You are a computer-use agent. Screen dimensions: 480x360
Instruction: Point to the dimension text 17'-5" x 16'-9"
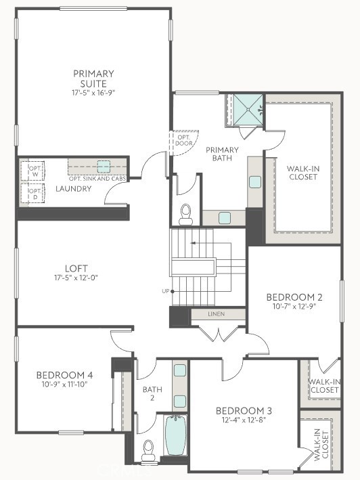93,91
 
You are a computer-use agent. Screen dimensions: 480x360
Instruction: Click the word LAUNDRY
73,189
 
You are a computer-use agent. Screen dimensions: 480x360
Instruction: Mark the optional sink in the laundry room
103,166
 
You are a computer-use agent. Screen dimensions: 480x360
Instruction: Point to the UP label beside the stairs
164,291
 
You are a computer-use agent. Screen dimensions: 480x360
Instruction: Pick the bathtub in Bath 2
174,437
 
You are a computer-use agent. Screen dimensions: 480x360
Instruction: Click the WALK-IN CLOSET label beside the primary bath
303,174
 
